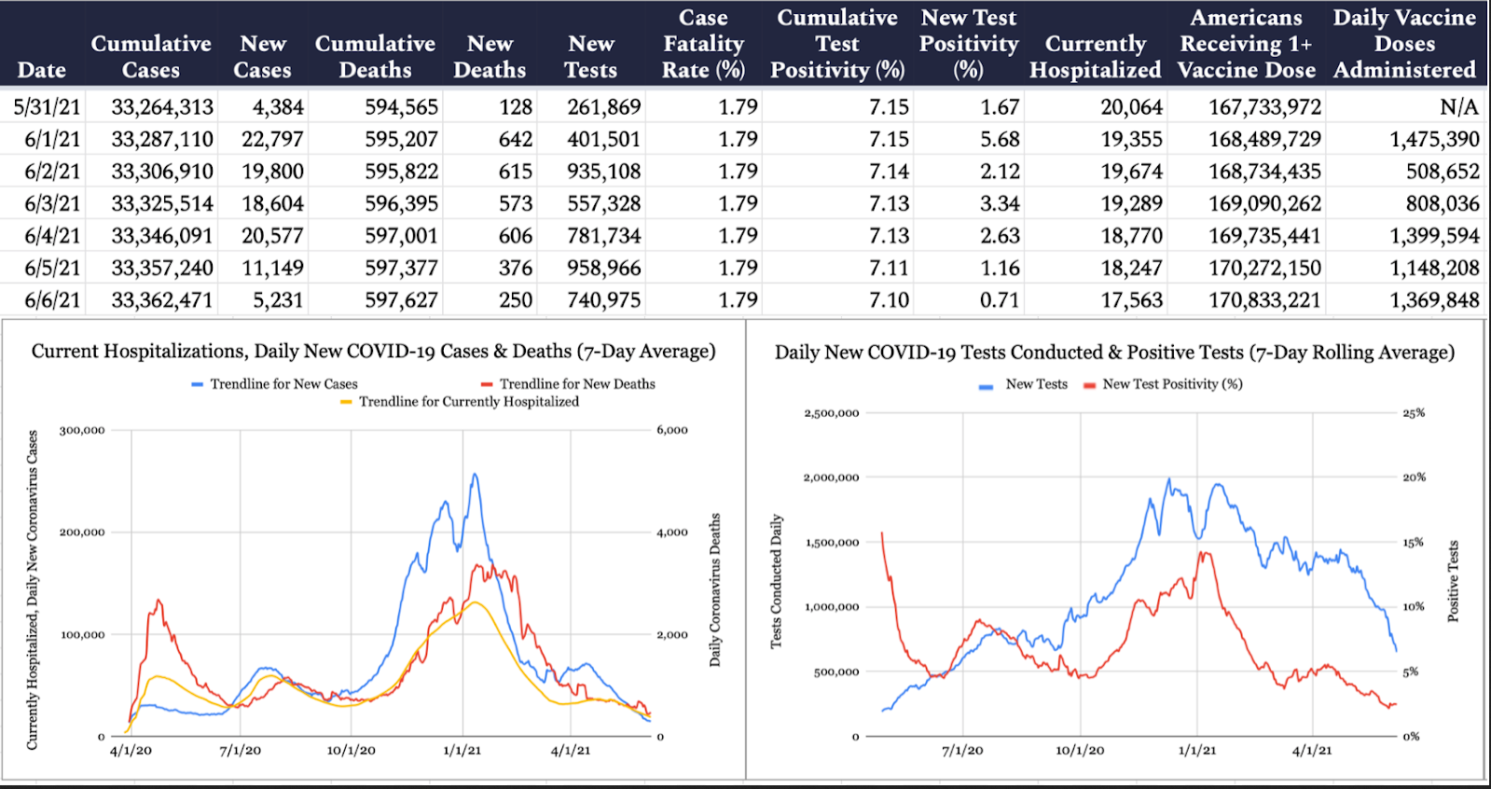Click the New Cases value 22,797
click(272, 140)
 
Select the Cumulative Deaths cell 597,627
click(401, 300)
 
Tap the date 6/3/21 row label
click(52, 204)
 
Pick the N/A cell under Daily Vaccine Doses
click(1458, 107)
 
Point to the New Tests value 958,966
click(603, 269)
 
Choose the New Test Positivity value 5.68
click(1000, 140)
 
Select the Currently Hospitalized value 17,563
click(1131, 300)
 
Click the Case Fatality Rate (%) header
click(703, 44)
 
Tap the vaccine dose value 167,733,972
click(1264, 107)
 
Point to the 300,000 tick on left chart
click(82, 431)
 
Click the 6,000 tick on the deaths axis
click(672, 431)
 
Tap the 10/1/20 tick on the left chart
click(351, 751)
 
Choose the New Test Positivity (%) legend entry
click(1171, 384)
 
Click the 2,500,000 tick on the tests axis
click(831, 413)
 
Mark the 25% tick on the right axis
click(1414, 413)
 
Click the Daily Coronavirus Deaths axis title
click(715, 589)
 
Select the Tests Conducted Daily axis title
click(776, 581)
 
